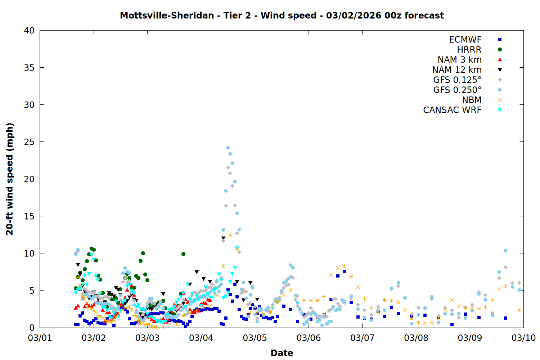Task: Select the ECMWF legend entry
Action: (x=465, y=40)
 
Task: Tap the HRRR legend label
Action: (x=469, y=50)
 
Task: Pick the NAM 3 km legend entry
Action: (x=459, y=60)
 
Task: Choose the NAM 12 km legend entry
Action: (x=457, y=70)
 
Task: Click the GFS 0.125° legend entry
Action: (x=457, y=80)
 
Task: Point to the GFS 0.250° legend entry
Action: (x=457, y=90)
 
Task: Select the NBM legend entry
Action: (x=472, y=100)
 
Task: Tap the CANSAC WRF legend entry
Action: (x=452, y=110)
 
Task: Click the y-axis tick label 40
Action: (x=29, y=31)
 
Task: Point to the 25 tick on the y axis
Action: (x=29, y=142)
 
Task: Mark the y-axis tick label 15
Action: (x=29, y=216)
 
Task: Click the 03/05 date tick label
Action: (x=255, y=338)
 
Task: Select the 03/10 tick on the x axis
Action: (x=523, y=338)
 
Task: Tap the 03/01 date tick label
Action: (x=40, y=338)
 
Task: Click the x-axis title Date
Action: (x=282, y=353)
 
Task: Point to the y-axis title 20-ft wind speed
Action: (x=10, y=179)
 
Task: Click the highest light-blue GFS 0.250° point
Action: (x=228, y=148)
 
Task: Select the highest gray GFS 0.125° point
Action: (x=228, y=167)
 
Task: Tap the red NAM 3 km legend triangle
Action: (x=500, y=60)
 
